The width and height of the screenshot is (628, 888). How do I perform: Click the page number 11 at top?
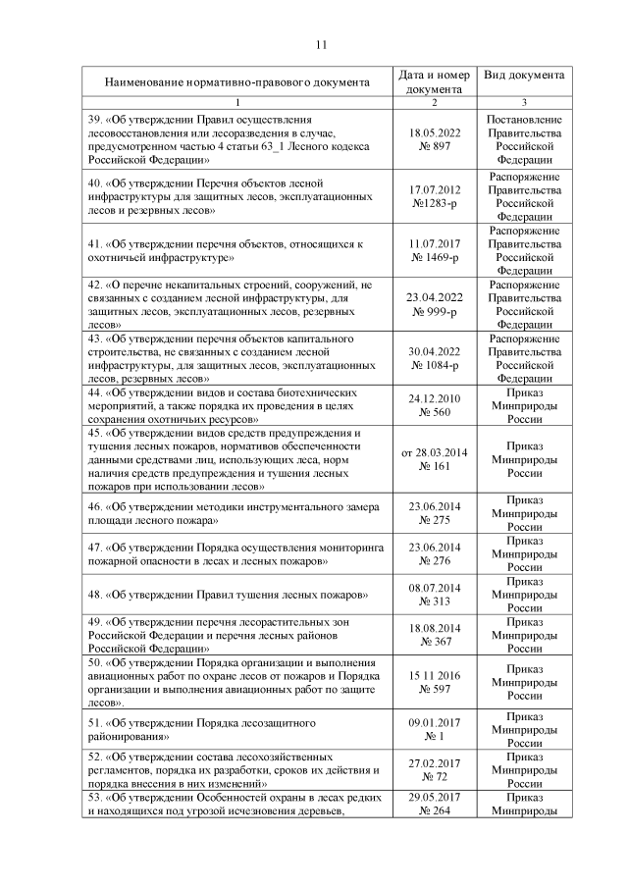[x=320, y=44]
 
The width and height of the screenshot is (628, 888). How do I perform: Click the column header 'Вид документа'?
[x=524, y=75]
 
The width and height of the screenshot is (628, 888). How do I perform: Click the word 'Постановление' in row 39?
[x=524, y=119]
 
